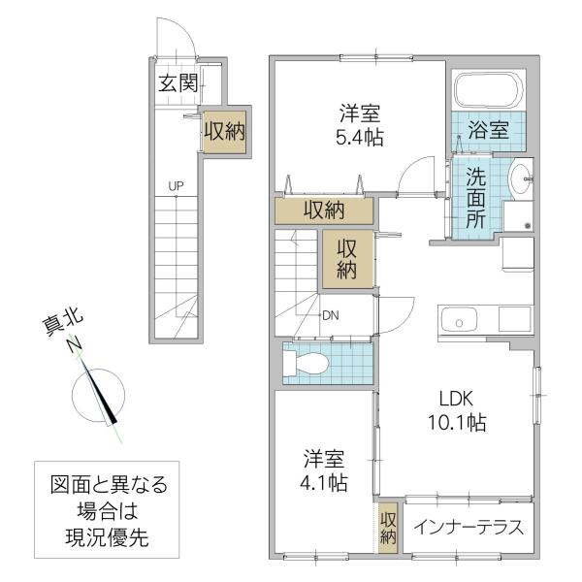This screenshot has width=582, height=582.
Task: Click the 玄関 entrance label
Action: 178,83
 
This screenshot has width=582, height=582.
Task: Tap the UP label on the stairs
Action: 176,186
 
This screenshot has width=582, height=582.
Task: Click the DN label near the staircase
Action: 331,315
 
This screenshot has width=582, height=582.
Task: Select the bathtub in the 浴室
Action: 489,89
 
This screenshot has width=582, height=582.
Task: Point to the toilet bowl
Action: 307,362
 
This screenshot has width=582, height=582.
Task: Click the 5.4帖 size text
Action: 360,138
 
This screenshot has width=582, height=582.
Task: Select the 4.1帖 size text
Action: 324,483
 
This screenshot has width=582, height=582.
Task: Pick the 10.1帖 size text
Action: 457,422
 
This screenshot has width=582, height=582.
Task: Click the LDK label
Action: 456,399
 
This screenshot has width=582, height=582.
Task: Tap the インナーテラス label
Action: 469,528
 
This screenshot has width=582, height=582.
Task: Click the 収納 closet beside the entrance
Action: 225,131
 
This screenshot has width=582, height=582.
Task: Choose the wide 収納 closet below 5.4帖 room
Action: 324,210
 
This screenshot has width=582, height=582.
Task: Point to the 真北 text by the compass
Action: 63,323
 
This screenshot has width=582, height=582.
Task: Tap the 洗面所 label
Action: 476,198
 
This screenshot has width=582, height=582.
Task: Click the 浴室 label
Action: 488,130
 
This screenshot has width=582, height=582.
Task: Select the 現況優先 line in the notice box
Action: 108,537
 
